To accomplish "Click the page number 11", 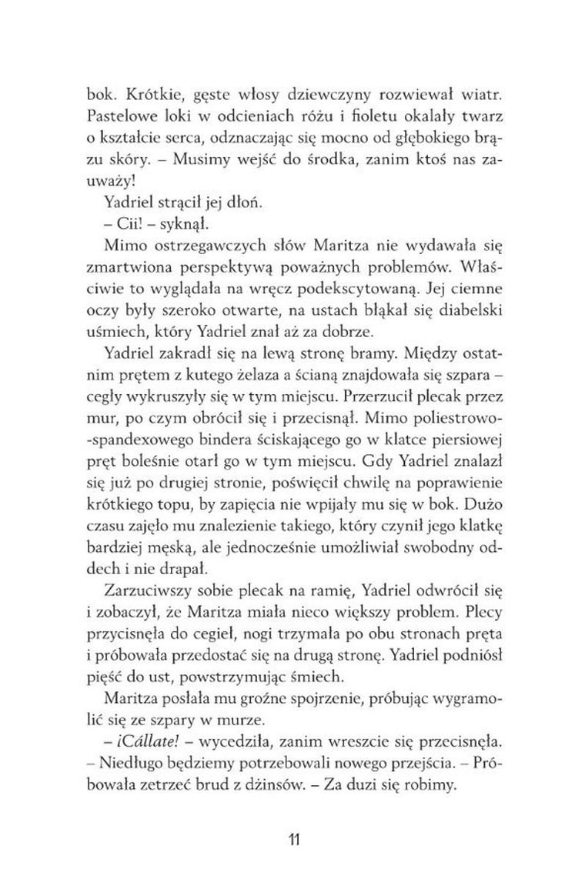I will tap(292, 838).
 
